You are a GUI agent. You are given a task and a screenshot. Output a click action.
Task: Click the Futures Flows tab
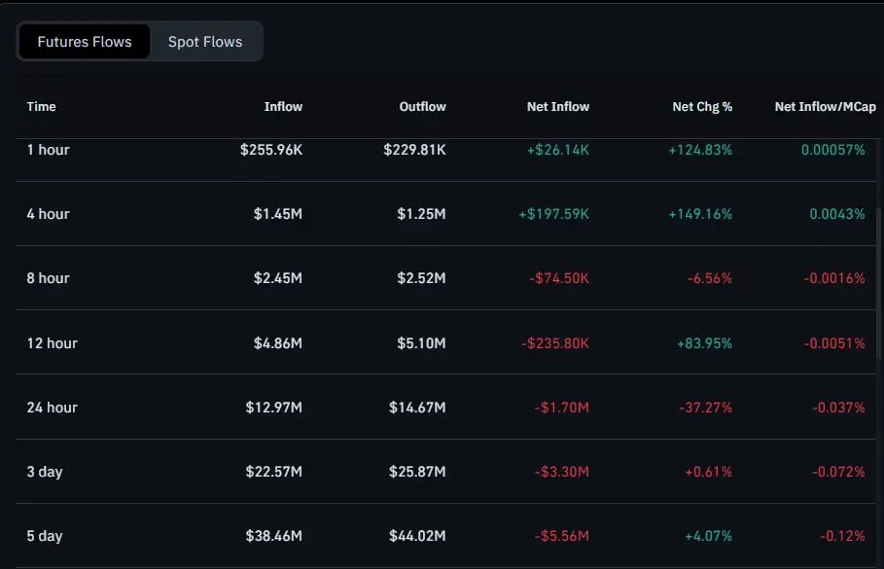tap(85, 42)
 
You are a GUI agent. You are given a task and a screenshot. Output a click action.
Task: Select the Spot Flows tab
tap(205, 42)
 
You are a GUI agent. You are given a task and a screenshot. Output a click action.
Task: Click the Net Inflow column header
tap(558, 106)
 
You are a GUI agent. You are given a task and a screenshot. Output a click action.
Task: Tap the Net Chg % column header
tap(702, 106)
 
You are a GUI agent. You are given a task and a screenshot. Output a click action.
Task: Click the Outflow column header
tap(422, 106)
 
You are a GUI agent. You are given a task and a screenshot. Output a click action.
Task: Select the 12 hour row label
tap(52, 342)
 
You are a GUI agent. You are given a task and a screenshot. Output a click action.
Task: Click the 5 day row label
tap(45, 536)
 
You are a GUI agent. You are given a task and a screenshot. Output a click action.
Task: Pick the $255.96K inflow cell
tap(271, 150)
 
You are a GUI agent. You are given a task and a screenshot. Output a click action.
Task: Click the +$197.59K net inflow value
tap(553, 214)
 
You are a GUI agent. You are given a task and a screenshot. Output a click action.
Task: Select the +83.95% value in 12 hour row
tap(700, 342)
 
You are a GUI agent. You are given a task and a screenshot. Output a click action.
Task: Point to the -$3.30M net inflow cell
tap(562, 472)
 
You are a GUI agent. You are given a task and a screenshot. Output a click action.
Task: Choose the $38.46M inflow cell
tap(274, 536)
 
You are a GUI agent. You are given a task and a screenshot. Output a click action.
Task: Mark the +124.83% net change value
tap(700, 150)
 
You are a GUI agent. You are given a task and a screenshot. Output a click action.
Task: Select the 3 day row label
tap(45, 472)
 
